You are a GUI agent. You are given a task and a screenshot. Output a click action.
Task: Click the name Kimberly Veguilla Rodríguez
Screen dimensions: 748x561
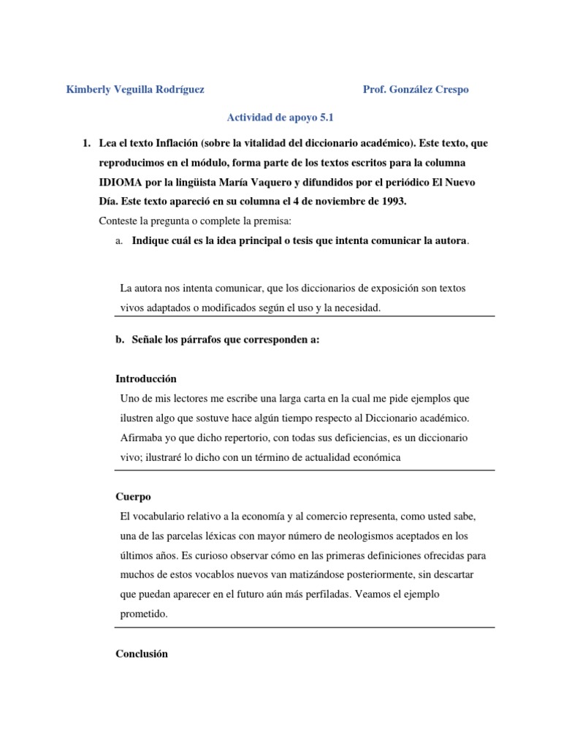(x=135, y=90)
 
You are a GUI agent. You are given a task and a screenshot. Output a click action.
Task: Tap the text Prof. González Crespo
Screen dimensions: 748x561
(x=416, y=90)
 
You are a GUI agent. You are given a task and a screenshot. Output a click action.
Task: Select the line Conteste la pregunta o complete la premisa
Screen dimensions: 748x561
(x=192, y=221)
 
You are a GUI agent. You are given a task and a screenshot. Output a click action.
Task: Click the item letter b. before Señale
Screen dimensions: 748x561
(x=121, y=340)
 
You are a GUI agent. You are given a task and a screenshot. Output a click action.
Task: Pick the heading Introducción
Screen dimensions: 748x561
(x=146, y=379)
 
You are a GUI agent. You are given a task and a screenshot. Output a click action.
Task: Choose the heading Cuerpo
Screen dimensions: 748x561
(x=133, y=497)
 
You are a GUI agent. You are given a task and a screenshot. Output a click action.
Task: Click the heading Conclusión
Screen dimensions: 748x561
(x=142, y=654)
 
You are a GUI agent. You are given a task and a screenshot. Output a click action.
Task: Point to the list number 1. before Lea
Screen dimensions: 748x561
(x=85, y=142)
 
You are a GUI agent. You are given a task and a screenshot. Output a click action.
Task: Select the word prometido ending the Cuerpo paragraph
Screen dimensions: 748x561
(x=144, y=614)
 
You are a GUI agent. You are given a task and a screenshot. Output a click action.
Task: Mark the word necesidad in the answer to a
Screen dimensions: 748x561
(x=354, y=308)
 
